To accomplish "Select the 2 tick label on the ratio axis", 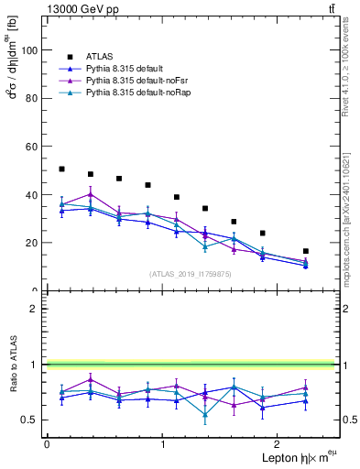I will pos(34,309).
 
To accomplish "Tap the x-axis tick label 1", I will pos(163,444).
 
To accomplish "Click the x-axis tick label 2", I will pos(279,444).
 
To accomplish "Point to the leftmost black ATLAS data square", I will pos(61,169).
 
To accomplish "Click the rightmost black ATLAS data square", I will pos(306,251).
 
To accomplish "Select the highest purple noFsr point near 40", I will pos(91,194).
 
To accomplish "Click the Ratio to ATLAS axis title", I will pos(14,365).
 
